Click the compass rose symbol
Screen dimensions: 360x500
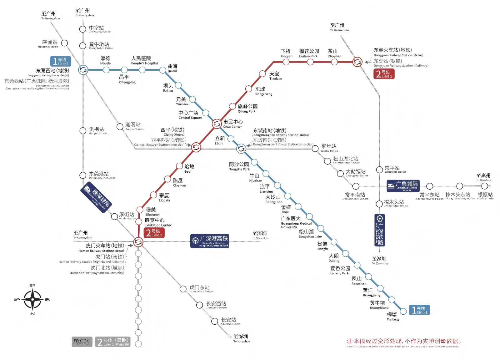32,299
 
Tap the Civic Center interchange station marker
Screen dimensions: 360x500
217,124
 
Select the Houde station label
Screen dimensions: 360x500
105,60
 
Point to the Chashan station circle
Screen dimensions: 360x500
334,62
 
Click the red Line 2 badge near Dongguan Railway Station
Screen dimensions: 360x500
384,74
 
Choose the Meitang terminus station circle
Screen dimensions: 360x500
403,311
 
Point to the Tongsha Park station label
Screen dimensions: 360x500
239,166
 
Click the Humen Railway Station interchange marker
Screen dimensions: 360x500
138,242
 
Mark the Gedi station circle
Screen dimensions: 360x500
179,166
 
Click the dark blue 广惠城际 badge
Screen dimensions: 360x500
403,186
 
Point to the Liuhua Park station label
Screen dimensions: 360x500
309,53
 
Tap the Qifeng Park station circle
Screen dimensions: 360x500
232,106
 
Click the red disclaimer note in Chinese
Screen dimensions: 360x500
403,341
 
